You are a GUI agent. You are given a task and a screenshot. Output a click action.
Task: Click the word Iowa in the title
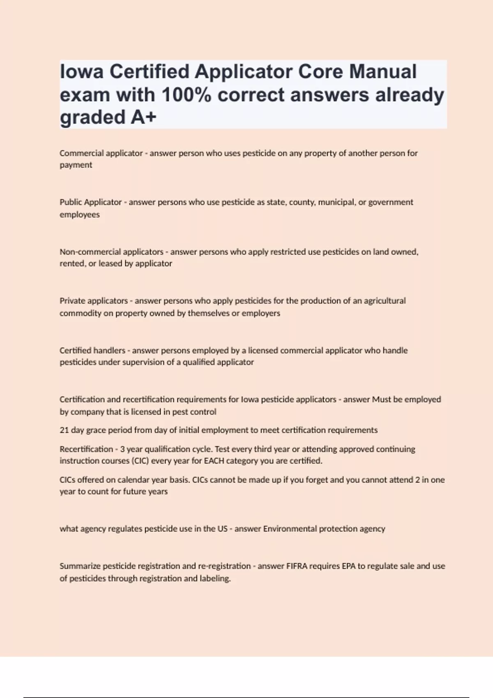[x=81, y=72]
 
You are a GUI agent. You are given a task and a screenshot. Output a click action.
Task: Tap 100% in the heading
[x=187, y=95]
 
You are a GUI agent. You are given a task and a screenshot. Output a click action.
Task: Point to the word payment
[x=76, y=165]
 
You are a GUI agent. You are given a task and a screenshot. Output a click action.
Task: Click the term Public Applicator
[x=90, y=202]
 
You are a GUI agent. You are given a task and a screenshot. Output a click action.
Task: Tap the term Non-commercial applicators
[x=111, y=252]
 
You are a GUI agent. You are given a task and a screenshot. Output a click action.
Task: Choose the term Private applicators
[x=94, y=301]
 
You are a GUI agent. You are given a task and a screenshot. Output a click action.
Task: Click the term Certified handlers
[x=92, y=351]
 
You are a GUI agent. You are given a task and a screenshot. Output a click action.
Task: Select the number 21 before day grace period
[x=64, y=430]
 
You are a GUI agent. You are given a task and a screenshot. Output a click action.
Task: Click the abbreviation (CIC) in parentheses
[x=140, y=461]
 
